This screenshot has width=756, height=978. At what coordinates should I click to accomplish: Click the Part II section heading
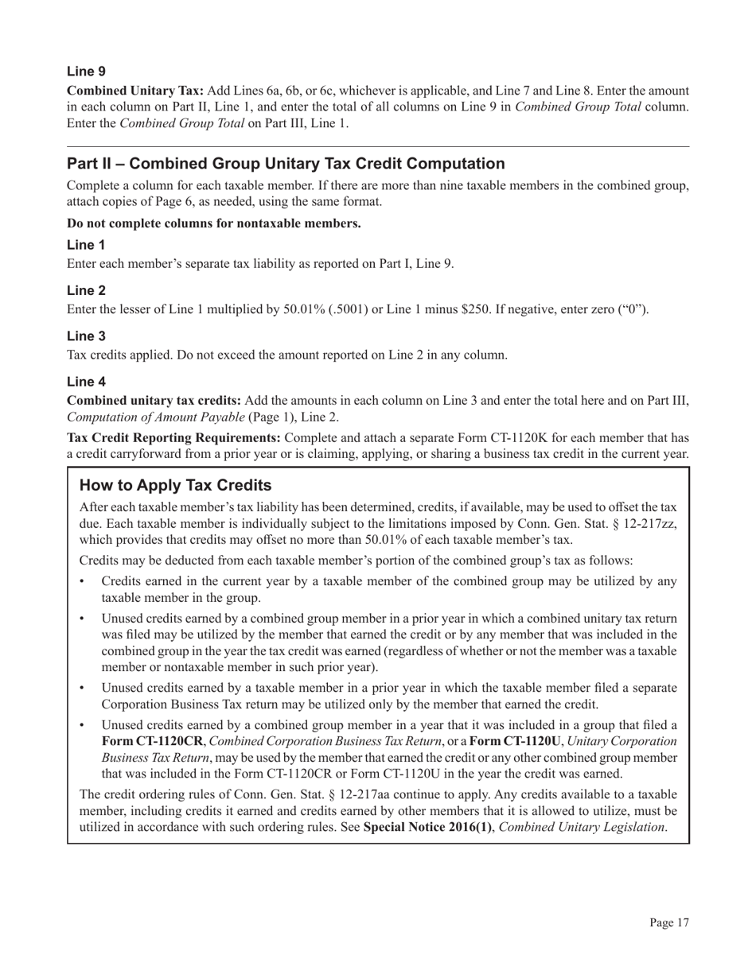point(286,164)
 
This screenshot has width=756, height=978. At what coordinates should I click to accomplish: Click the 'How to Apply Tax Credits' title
point(176,485)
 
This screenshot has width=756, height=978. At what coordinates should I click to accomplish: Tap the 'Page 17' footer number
point(668,922)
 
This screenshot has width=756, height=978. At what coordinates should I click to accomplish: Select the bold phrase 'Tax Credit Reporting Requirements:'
point(173,437)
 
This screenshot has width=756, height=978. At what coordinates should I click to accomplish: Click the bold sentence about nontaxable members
point(213,223)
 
